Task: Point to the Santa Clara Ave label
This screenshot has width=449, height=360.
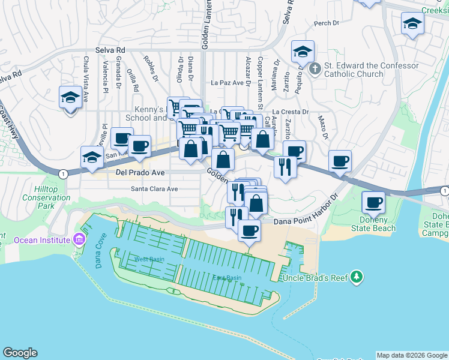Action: pyautogui.click(x=155, y=188)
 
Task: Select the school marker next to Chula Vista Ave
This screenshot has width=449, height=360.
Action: pyautogui.click(x=70, y=97)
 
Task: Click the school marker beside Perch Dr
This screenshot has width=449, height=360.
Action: pyautogui.click(x=412, y=25)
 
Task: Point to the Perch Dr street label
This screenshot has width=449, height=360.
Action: pyautogui.click(x=326, y=24)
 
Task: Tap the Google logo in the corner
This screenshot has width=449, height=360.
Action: pyautogui.click(x=20, y=353)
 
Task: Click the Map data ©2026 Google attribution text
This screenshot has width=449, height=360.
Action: pyautogui.click(x=412, y=355)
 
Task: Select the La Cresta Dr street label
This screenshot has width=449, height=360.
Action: pyautogui.click(x=290, y=112)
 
